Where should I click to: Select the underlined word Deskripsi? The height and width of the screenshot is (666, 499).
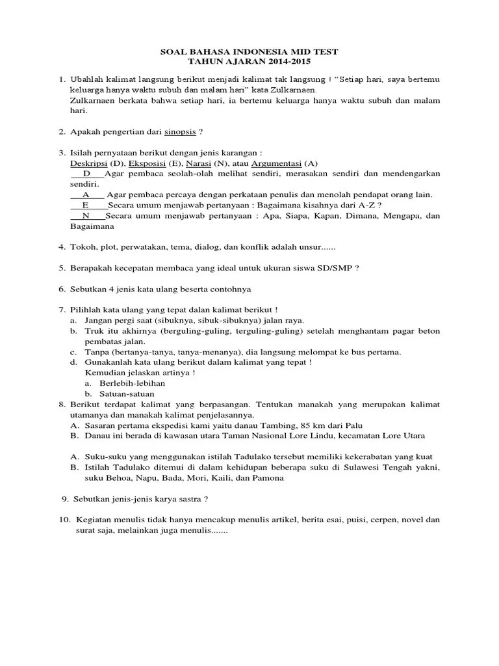[88, 163]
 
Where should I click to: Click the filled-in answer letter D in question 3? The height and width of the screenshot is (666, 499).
[86, 174]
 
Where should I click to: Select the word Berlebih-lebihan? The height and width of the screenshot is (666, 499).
[132, 383]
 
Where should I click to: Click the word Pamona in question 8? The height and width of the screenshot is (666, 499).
[268, 477]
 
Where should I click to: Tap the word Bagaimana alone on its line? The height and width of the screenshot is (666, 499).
[92, 226]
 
